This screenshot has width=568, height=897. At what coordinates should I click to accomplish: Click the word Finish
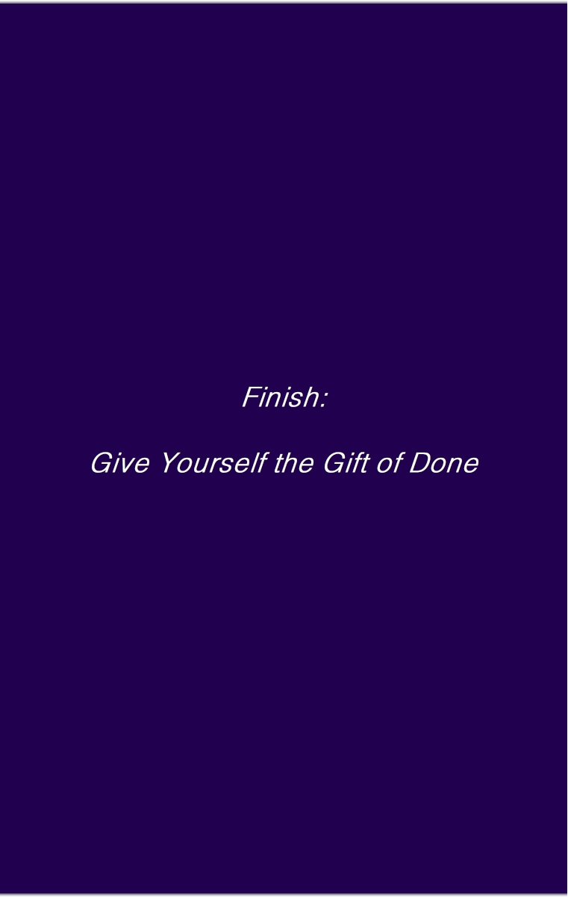(280, 397)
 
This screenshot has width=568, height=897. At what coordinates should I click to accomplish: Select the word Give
(120, 463)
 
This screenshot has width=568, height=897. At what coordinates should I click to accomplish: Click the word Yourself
(214, 462)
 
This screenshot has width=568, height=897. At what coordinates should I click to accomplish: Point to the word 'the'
(294, 462)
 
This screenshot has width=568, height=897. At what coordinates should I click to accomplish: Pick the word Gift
(346, 462)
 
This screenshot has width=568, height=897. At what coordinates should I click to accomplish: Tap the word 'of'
(390, 462)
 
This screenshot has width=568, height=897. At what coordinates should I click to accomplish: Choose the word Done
(444, 463)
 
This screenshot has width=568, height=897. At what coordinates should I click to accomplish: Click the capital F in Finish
(251, 397)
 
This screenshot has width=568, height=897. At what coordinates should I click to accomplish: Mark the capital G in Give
(102, 463)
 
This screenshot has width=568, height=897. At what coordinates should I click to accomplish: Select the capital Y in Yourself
(172, 462)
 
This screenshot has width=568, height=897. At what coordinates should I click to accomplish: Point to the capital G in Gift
(334, 463)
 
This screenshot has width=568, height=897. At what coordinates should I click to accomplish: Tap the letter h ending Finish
(310, 397)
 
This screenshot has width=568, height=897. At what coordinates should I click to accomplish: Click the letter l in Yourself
(255, 462)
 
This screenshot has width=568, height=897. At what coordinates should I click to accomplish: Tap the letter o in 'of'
(384, 466)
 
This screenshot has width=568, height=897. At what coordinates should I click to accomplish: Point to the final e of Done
(471, 466)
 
